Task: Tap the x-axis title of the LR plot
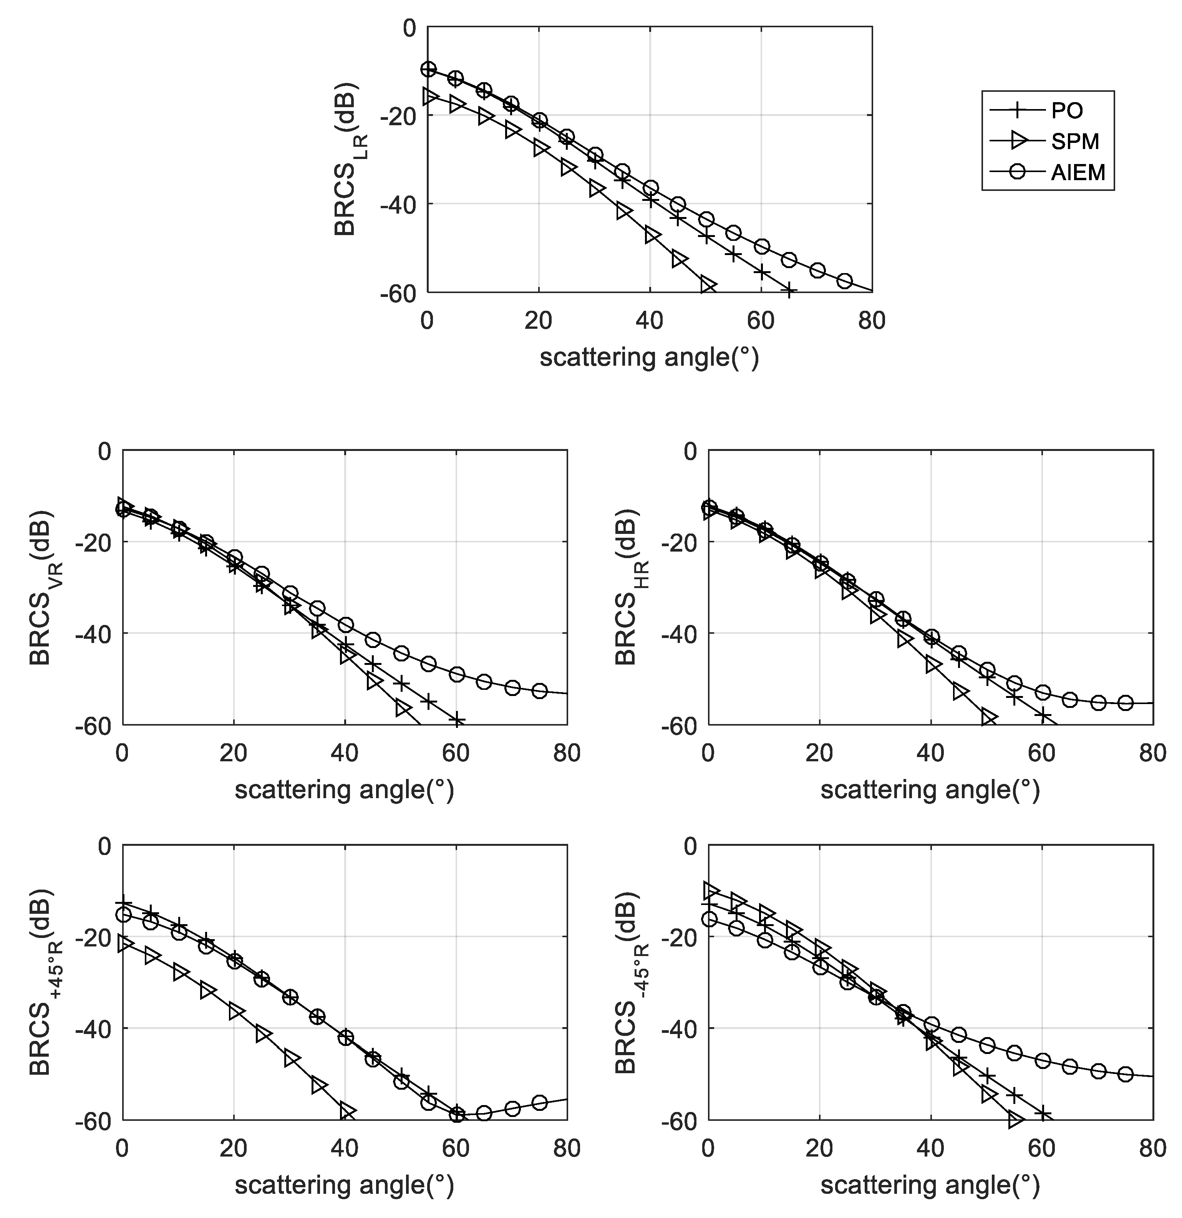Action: [650, 359]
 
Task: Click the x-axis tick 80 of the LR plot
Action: [872, 321]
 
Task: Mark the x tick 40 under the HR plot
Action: [930, 753]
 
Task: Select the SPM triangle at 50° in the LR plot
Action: [707, 285]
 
